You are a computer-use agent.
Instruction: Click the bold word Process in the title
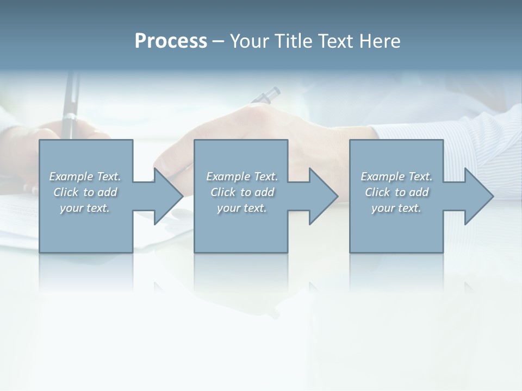point(171,41)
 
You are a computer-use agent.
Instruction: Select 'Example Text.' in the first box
point(85,176)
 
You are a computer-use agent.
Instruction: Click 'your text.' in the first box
point(85,208)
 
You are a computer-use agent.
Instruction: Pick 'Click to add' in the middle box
point(242,192)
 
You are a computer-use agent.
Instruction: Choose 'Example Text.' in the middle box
point(242,176)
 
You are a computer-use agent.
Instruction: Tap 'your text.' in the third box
point(396,208)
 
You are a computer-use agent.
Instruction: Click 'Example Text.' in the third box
point(396,176)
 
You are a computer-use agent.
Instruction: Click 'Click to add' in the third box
point(396,192)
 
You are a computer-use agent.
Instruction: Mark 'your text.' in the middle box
point(242,208)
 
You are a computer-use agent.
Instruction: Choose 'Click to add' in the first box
point(85,192)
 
